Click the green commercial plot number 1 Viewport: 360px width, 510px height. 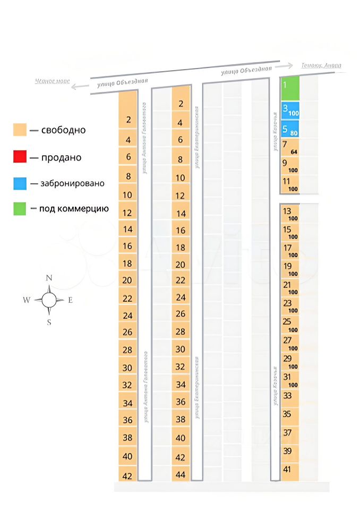(x=290, y=88)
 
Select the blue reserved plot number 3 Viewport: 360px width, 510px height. (x=290, y=110)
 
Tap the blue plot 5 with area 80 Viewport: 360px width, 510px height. (x=290, y=129)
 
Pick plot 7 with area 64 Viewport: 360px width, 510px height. (x=290, y=147)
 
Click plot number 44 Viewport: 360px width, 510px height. (x=181, y=474)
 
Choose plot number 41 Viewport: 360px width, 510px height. (x=290, y=470)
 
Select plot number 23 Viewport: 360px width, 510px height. (x=290, y=305)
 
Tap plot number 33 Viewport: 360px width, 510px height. (x=290, y=397)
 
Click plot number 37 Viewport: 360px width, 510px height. (x=290, y=433)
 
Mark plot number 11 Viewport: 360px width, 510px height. (x=290, y=183)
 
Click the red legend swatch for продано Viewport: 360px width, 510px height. (x=20, y=157)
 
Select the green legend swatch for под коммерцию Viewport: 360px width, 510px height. (x=20, y=209)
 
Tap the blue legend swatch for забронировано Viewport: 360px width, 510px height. (x=20, y=183)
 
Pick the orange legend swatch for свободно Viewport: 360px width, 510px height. (x=20, y=130)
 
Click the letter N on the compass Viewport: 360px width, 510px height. (x=49, y=278)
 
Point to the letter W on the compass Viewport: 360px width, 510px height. (x=27, y=300)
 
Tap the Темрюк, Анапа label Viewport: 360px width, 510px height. (x=321, y=65)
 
